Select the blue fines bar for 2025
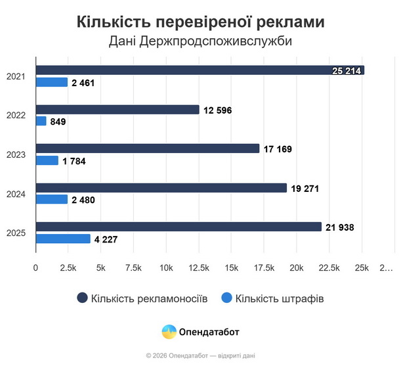click(x=63, y=239)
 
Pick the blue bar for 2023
click(x=47, y=160)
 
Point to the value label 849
click(x=58, y=122)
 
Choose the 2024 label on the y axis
click(x=15, y=194)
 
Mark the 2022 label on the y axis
click(x=15, y=116)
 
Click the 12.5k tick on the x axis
click(x=198, y=268)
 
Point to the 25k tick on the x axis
click(x=361, y=268)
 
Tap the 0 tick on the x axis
click(x=35, y=268)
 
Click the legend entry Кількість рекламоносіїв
click(x=142, y=298)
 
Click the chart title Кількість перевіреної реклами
click(x=200, y=22)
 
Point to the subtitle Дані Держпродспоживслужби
click(x=200, y=41)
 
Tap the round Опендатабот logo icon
click(x=169, y=332)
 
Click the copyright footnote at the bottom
click(x=200, y=356)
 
